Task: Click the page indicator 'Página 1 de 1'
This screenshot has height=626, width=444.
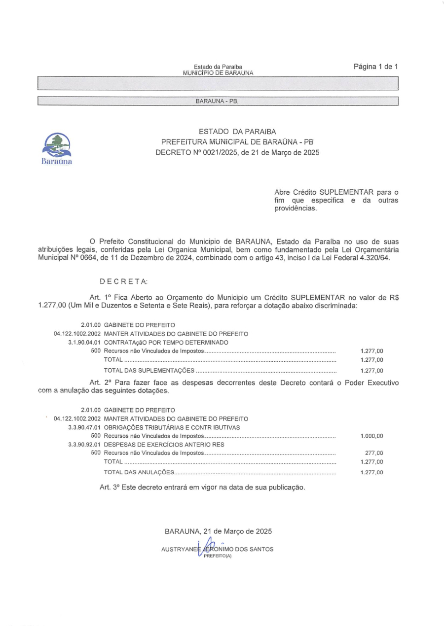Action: pos(375,67)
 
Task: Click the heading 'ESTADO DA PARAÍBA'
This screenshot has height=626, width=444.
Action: pos(237,132)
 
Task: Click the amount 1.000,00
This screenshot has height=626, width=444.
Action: pos(371,436)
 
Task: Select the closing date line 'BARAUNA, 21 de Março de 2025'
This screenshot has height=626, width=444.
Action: pos(218,532)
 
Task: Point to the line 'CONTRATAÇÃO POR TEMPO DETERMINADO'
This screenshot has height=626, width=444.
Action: pos(166,342)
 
